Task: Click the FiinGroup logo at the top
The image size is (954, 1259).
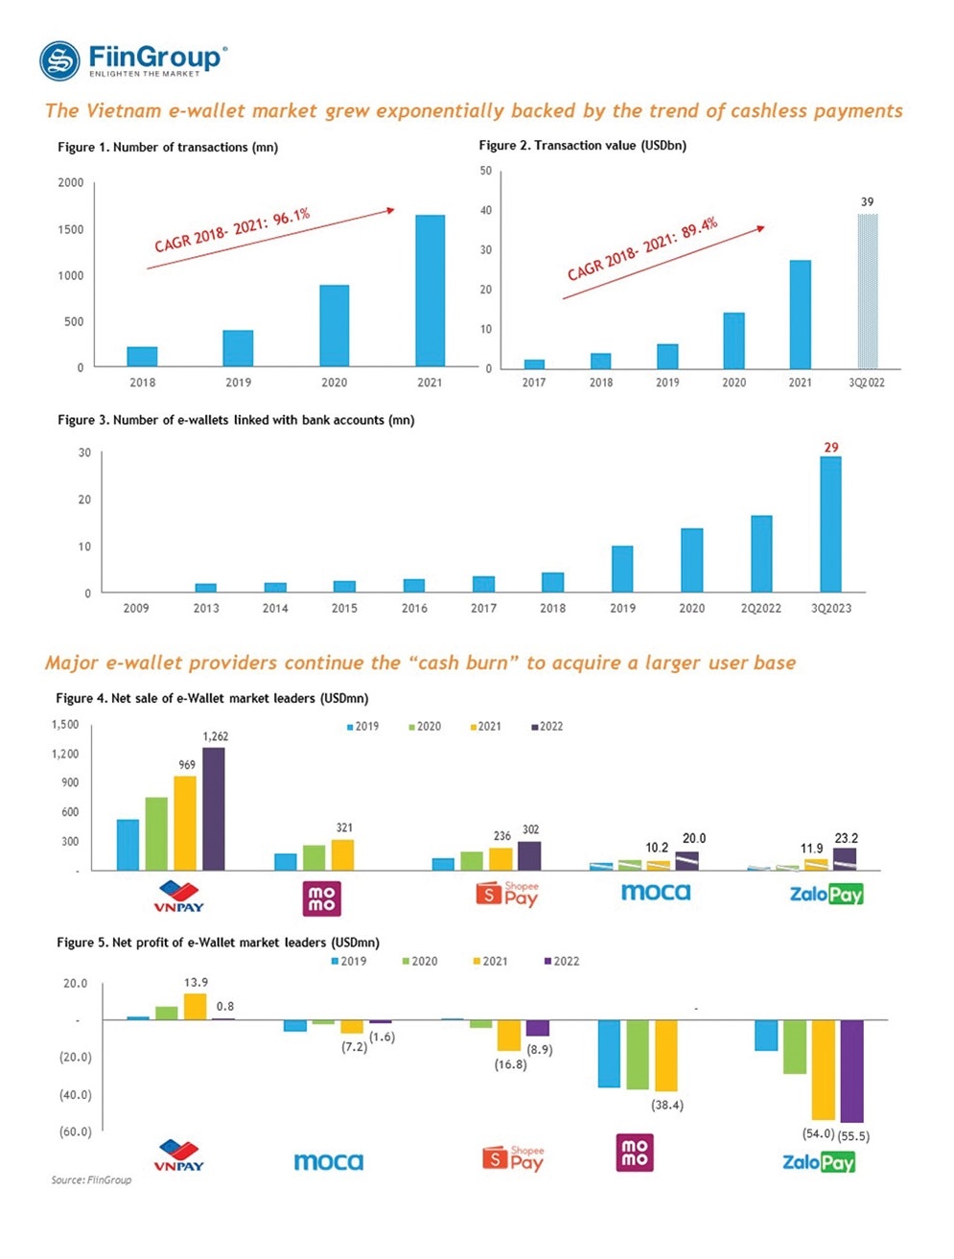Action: (x=133, y=60)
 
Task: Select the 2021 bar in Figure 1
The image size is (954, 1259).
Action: (x=430, y=291)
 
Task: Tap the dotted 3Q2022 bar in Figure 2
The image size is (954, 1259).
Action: (x=867, y=291)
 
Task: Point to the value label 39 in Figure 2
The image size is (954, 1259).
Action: (x=867, y=202)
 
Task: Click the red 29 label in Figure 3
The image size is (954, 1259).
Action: (x=831, y=448)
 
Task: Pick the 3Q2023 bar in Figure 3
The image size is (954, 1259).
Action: (x=830, y=524)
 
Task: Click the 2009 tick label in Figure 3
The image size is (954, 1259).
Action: (x=136, y=608)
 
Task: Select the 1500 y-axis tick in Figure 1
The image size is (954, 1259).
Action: (x=70, y=229)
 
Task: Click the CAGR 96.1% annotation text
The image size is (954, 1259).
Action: (x=232, y=230)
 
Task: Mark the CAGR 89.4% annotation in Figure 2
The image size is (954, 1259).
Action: (x=642, y=249)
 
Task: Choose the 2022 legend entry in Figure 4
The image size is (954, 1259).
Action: (x=547, y=727)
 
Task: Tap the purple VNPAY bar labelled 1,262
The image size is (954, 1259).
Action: (x=213, y=808)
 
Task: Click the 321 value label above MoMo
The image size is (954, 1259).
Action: (x=344, y=828)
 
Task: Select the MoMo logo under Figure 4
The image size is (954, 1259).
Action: (x=321, y=898)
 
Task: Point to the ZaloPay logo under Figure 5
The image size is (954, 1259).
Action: (x=818, y=1162)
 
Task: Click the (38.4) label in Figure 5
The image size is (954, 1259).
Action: (x=667, y=1106)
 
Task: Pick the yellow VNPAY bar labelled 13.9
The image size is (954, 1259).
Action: (x=195, y=1006)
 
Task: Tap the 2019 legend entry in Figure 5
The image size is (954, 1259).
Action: (x=349, y=961)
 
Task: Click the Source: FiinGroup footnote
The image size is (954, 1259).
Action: (x=91, y=1179)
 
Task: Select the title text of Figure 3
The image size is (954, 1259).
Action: (x=236, y=420)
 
